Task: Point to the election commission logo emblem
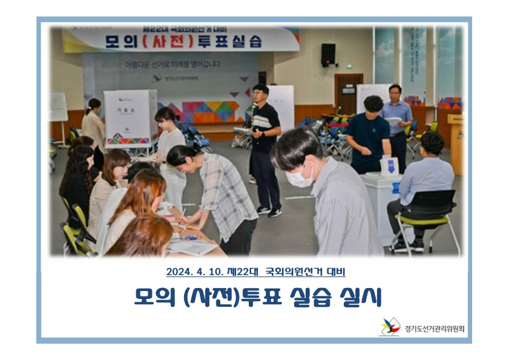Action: [389, 327]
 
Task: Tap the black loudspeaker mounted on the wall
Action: [328, 54]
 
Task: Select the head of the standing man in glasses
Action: [260, 95]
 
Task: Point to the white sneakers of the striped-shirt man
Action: [269, 211]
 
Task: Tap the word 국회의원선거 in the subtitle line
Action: [292, 272]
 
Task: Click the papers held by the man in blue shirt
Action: [393, 121]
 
